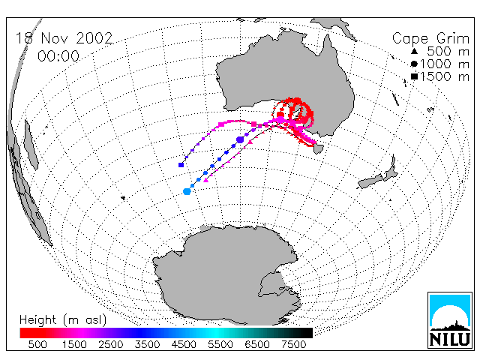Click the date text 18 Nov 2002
(64, 38)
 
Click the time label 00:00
(58, 56)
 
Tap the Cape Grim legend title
(430, 39)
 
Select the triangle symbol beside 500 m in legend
(414, 51)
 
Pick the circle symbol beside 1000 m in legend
(414, 64)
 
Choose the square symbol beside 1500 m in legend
(414, 76)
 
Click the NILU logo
(450, 320)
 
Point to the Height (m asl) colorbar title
(63, 320)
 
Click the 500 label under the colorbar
(37, 344)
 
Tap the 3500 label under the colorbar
(147, 344)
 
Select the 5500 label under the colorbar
(220, 344)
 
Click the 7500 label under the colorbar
(293, 344)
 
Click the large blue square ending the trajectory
(181, 165)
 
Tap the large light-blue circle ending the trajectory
(187, 192)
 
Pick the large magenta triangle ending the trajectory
(206, 180)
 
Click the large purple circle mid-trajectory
(240, 140)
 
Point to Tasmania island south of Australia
(318, 148)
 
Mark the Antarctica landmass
(226, 275)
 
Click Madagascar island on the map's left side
(31, 145)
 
